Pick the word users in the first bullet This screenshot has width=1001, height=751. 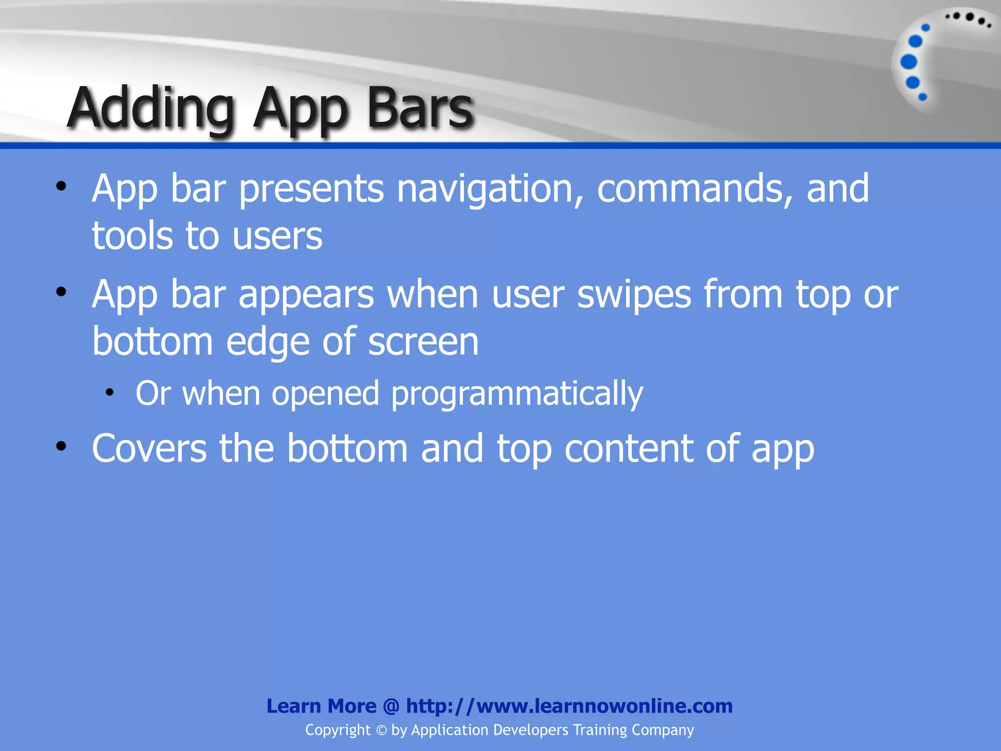[x=277, y=237]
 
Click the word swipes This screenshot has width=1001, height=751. [x=634, y=295]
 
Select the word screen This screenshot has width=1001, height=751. [x=423, y=342]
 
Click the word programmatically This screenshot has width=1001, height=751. [x=517, y=394]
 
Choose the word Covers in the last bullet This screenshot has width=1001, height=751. [x=149, y=448]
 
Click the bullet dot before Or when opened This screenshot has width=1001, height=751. [x=110, y=392]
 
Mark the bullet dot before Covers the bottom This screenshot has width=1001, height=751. [x=61, y=446]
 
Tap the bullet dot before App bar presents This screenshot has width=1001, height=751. [x=61, y=186]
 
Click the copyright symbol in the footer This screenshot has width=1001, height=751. [x=381, y=730]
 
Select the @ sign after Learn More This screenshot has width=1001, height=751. [x=391, y=706]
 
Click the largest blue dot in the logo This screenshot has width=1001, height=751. [x=909, y=62]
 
